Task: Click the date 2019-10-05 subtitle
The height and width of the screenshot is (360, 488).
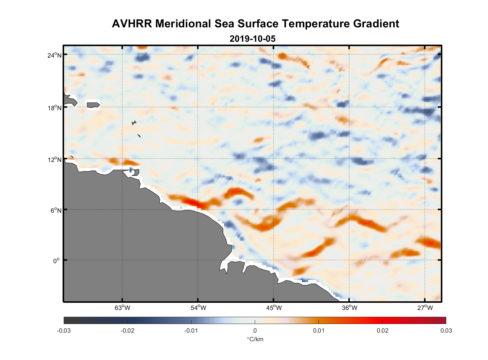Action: pos(253,39)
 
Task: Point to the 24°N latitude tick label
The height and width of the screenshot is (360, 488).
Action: pos(54,55)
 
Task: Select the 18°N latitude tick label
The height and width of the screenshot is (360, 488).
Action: pos(54,108)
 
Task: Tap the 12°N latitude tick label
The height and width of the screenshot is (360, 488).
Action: pos(54,159)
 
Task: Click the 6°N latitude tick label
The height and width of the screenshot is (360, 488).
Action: pos(56,210)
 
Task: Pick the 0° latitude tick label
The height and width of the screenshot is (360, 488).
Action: pos(57,261)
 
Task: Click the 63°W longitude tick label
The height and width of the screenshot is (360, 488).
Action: pos(122,308)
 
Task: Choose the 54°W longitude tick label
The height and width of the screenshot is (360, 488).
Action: pos(198,308)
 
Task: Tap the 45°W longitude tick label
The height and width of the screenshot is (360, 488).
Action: pos(274,308)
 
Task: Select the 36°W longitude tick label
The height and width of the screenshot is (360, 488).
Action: pos(349,308)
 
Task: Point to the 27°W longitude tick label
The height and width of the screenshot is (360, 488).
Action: pos(425,308)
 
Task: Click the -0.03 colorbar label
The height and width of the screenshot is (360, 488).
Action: pos(64,331)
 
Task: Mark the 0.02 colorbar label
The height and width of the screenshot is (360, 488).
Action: pos(383,331)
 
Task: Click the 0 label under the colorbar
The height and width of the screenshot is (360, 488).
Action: pos(255,331)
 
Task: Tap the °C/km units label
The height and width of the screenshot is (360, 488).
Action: pos(255,339)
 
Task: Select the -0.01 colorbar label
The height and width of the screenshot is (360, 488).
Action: pos(191,331)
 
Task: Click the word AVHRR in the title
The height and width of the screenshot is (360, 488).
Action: pos(132,24)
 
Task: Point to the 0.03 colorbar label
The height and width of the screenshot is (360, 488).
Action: pos(446,331)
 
